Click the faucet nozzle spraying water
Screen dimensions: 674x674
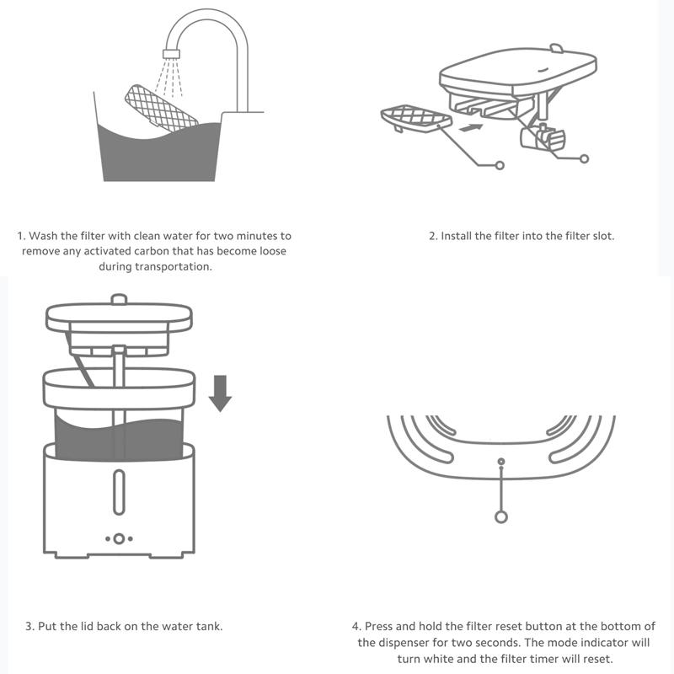click(171, 53)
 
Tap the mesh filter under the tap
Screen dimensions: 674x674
click(161, 108)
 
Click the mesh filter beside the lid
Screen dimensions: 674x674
click(416, 117)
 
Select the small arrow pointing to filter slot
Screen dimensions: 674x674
click(471, 127)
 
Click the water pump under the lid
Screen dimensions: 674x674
click(543, 137)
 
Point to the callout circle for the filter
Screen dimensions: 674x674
click(499, 165)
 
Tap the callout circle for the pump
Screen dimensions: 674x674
click(584, 158)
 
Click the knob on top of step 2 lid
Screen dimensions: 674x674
click(556, 47)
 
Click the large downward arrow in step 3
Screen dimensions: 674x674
click(220, 393)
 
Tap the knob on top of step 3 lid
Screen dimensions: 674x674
click(119, 299)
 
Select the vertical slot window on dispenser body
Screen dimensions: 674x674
click(119, 492)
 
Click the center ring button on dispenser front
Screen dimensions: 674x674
click(119, 538)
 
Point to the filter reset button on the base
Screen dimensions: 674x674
click(500, 462)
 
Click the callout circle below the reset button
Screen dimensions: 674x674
click(501, 516)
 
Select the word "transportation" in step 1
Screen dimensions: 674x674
click(174, 266)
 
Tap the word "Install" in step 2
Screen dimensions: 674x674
click(456, 236)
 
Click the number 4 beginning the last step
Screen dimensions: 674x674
click(356, 626)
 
